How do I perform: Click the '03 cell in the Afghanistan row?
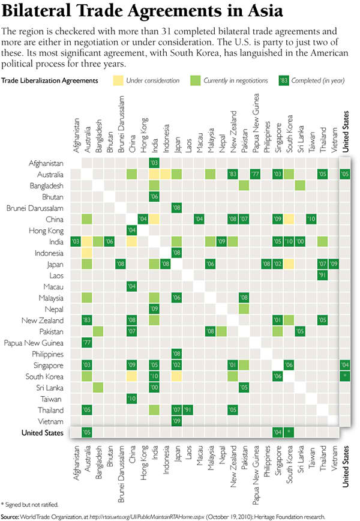click(154, 163)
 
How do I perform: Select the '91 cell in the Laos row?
click(323, 276)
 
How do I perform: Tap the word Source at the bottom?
click(10, 516)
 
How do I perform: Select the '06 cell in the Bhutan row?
click(154, 197)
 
